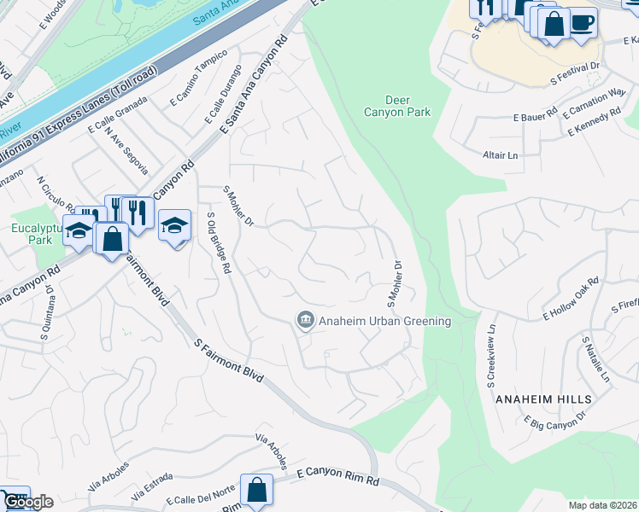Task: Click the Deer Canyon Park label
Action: [x=397, y=106]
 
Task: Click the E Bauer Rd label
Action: [x=535, y=115]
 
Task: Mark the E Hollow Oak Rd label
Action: [x=572, y=298]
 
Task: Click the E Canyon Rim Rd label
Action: [x=337, y=476]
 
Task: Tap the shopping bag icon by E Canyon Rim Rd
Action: [x=256, y=491]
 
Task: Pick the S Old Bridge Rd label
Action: [x=220, y=243]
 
